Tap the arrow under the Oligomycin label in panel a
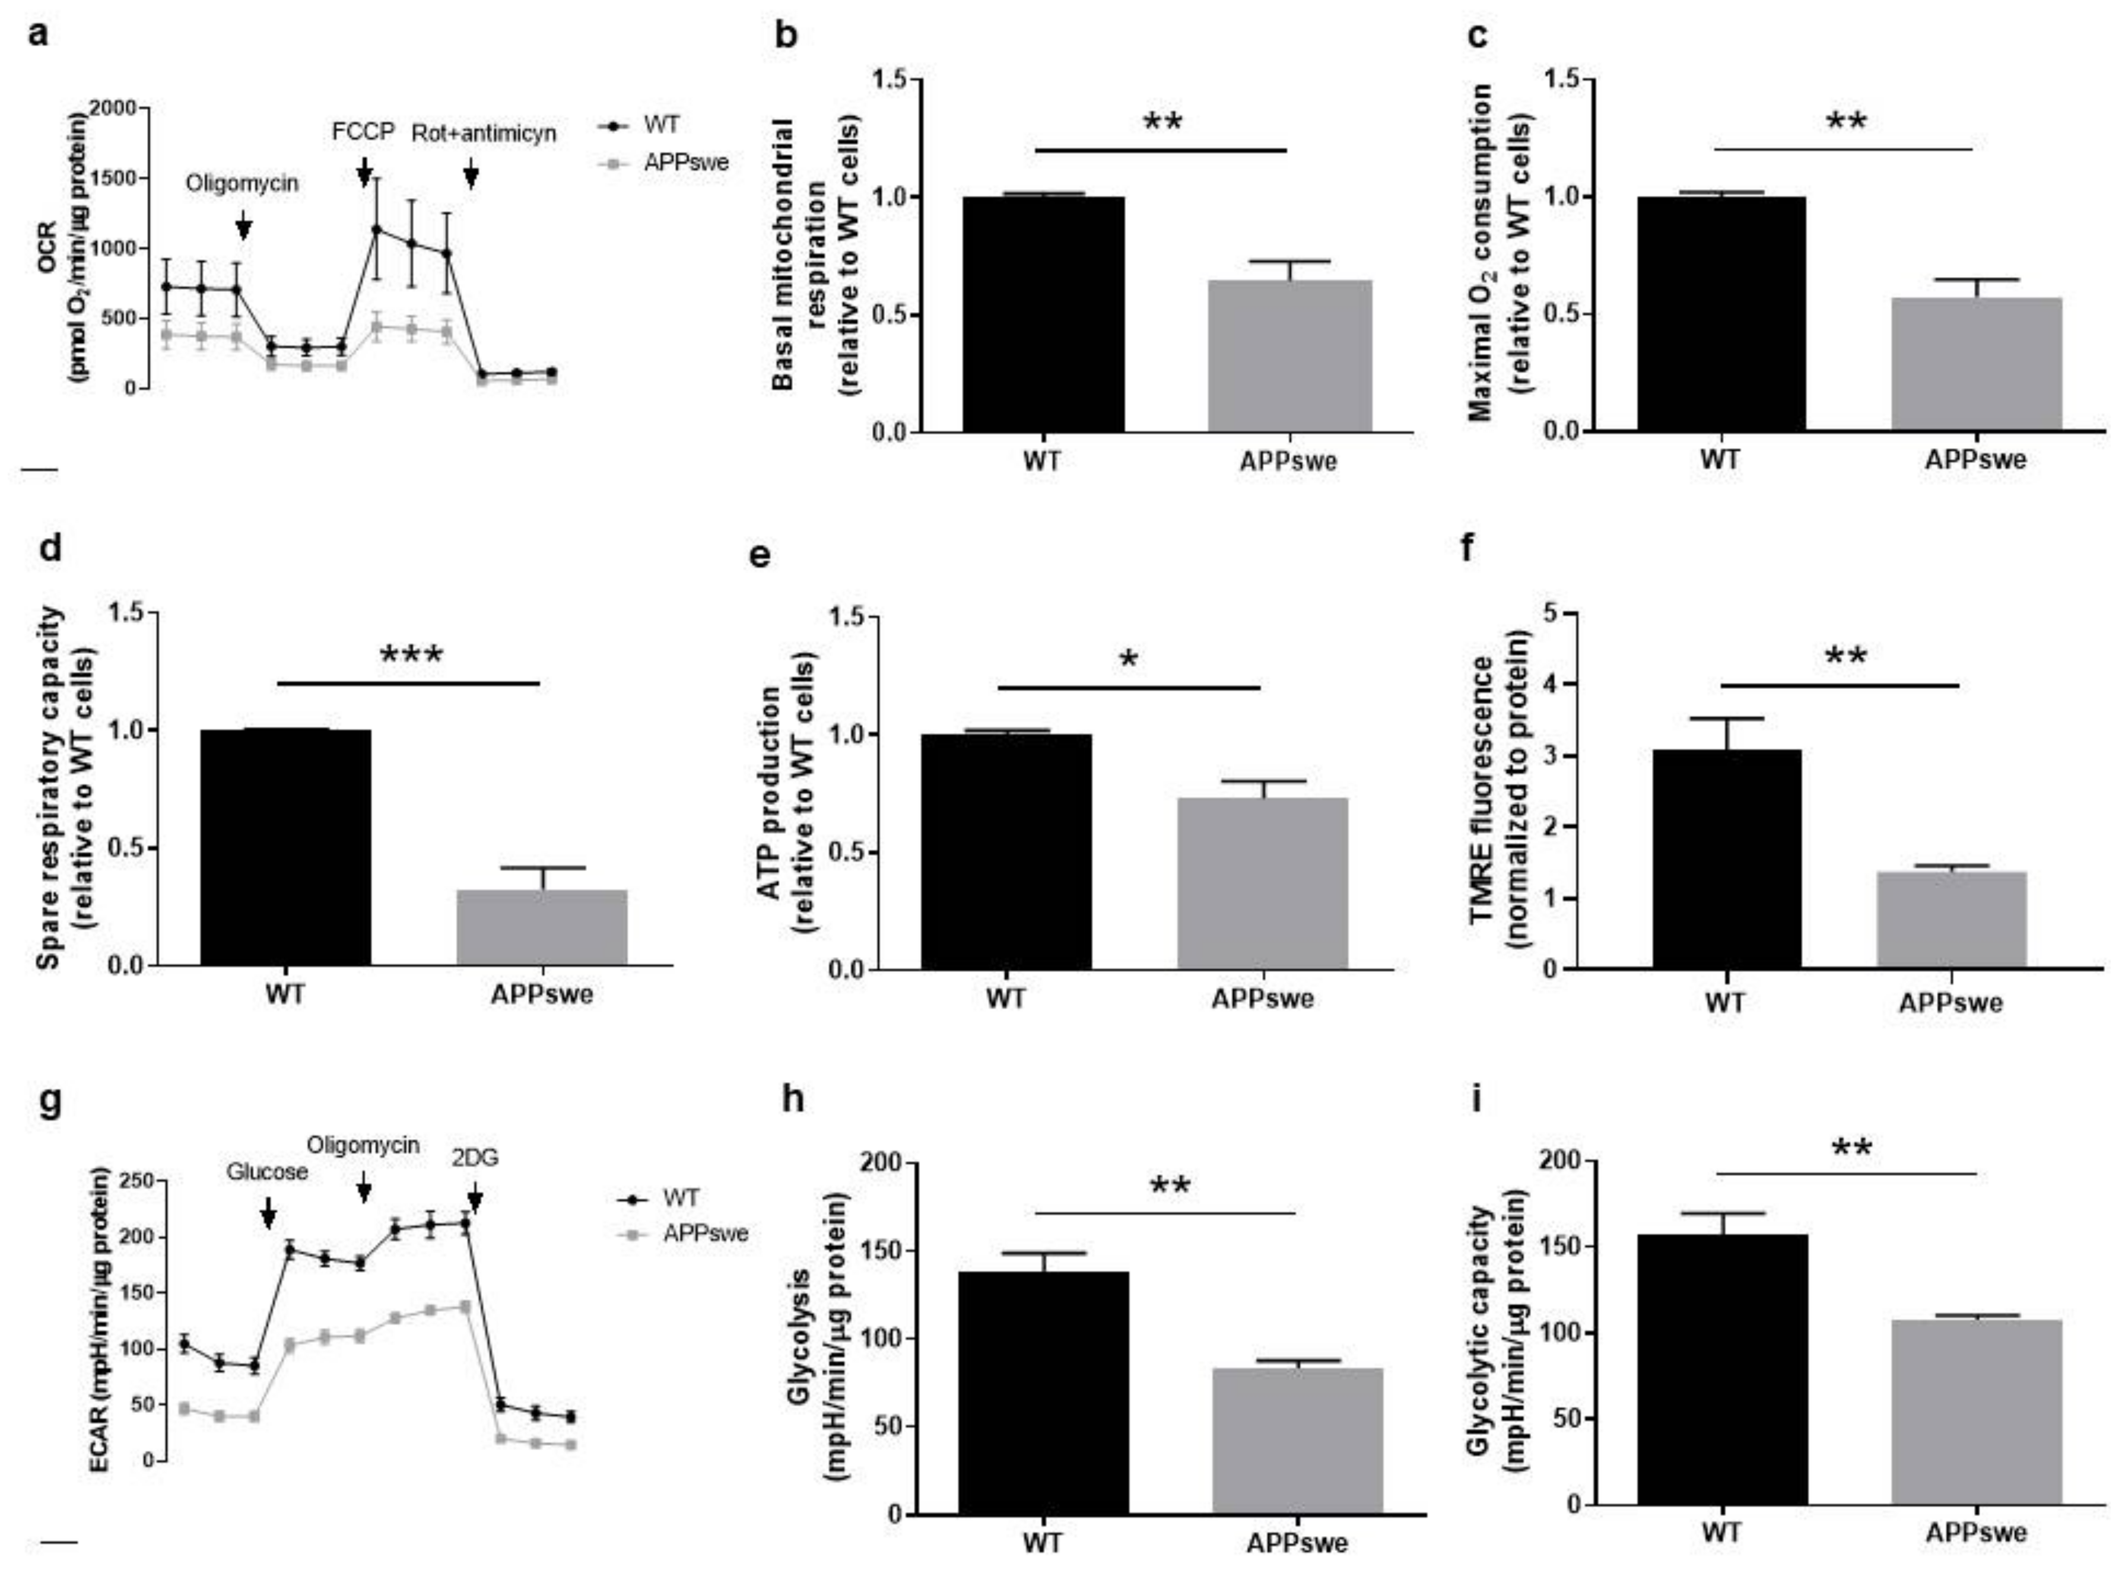pyautogui.click(x=243, y=225)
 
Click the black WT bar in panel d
pyautogui.click(x=285, y=847)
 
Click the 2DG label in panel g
pyautogui.click(x=474, y=1158)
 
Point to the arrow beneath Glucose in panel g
pyautogui.click(x=268, y=1212)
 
